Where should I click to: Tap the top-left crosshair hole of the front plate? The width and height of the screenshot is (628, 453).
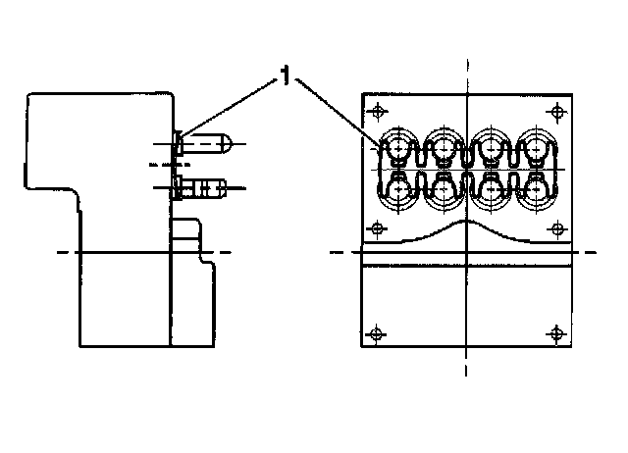pos(382,108)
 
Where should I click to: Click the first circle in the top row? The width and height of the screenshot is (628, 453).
pos(397,150)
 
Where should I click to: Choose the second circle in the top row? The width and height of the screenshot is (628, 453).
pos(444,150)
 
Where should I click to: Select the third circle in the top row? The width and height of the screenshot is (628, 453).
pos(490,150)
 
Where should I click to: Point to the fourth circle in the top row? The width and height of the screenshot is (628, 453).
pos(536,150)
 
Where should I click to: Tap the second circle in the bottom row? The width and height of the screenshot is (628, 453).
pos(444,189)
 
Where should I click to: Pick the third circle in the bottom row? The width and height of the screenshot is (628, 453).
pos(490,189)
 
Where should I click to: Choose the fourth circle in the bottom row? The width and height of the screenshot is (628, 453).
pos(536,189)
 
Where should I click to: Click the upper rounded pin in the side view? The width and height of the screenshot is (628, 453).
pos(208,145)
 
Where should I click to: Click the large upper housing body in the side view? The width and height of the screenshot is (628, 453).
pos(98,147)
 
